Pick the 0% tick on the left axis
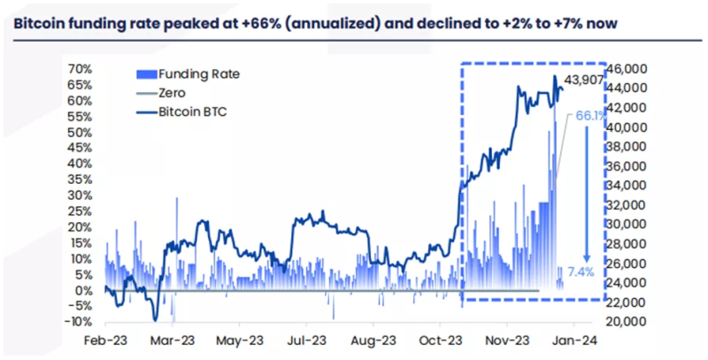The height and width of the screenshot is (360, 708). click(83, 290)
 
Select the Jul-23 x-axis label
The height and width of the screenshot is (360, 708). click(306, 341)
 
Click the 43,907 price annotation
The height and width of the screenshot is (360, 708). click(584, 81)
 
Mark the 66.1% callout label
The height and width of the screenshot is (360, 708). click(591, 116)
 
